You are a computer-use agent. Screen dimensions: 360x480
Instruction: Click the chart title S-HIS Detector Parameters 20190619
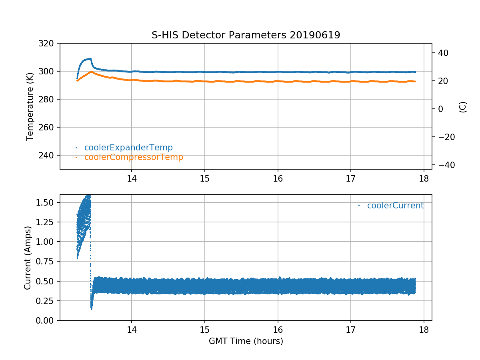click(x=246, y=35)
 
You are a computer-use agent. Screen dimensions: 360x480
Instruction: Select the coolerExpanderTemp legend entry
click(x=128, y=148)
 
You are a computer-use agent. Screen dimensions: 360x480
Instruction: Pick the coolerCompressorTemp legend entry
click(x=134, y=157)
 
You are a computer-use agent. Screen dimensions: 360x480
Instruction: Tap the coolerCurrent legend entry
click(x=395, y=206)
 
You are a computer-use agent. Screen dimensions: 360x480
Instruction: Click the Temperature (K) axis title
click(x=30, y=106)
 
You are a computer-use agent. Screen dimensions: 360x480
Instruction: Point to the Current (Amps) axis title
click(x=27, y=258)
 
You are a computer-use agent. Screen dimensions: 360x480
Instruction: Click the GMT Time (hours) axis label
click(x=246, y=341)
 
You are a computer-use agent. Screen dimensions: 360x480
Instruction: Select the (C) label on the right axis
click(x=463, y=107)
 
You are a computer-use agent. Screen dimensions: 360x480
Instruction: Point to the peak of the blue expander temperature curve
click(x=90, y=59)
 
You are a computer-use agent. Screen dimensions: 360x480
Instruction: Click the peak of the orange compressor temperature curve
click(x=92, y=72)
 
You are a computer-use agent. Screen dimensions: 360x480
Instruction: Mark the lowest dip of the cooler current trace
click(x=91, y=308)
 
